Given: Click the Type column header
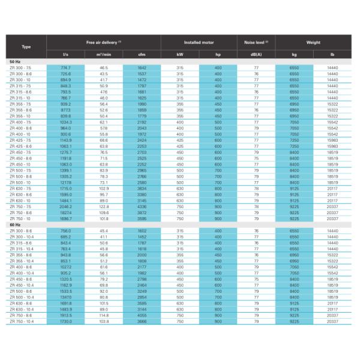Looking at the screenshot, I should (x=26, y=47).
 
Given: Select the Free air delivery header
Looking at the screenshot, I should (x=104, y=42).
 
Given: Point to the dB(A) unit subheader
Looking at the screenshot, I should (x=256, y=55).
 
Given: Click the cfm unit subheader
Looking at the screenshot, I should (x=142, y=55).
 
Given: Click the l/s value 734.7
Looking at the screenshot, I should (x=65, y=68).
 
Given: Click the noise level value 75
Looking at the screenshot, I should (x=256, y=279).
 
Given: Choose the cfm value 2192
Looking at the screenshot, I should (x=142, y=122).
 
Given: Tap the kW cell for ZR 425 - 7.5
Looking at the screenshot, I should (x=180, y=140).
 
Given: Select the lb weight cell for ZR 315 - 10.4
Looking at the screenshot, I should (x=332, y=248).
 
